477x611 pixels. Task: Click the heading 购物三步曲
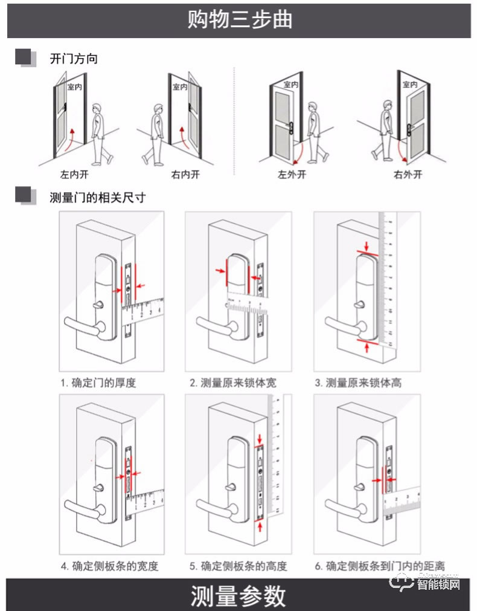239,19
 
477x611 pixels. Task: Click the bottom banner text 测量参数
238,595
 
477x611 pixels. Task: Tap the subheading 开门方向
73,59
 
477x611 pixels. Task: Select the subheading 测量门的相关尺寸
97,197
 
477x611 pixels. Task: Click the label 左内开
74,175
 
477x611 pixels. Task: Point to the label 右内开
185,175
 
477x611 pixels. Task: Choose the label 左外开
292,175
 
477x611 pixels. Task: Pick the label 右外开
408,175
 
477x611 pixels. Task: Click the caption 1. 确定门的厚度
98,383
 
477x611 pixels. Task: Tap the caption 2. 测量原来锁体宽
233,383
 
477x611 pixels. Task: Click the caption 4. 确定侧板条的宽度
109,566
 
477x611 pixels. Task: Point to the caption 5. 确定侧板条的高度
238,566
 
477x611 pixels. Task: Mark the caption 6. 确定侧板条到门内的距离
379,566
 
